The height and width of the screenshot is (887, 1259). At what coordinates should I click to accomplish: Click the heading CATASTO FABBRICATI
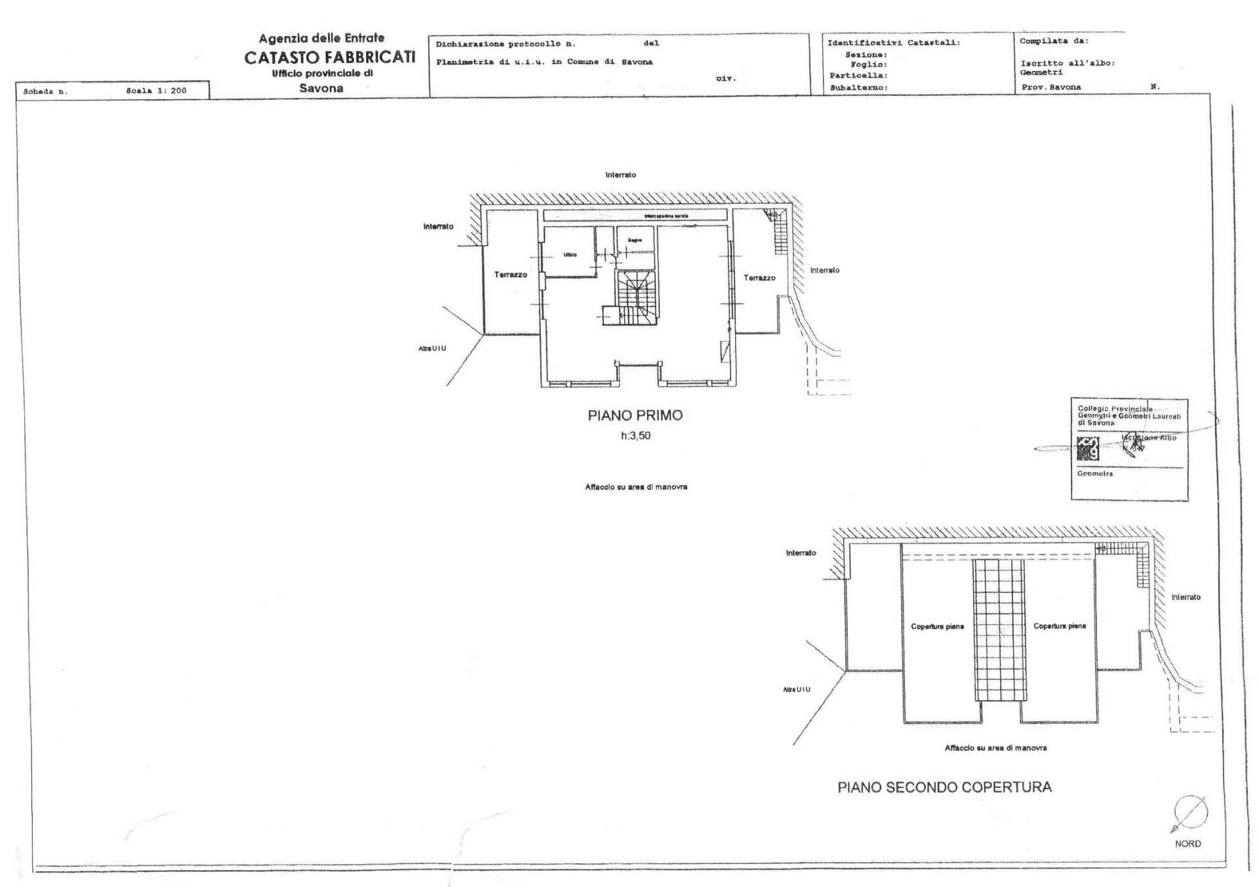click(330, 58)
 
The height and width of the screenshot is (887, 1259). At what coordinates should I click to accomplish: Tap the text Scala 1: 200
click(156, 91)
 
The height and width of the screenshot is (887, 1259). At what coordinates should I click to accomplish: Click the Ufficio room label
click(570, 254)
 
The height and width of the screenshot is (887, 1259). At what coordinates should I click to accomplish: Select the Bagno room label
click(635, 241)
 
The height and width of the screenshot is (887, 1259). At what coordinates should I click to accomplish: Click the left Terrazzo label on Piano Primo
click(510, 275)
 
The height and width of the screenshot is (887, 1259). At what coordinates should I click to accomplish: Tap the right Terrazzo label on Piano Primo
click(759, 278)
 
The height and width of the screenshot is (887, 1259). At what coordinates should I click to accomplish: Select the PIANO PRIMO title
click(635, 415)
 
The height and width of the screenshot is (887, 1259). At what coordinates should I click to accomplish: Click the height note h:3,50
click(635, 435)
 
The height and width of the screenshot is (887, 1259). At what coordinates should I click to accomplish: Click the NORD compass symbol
click(1189, 814)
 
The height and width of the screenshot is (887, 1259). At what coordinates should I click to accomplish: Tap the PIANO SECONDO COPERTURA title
click(944, 787)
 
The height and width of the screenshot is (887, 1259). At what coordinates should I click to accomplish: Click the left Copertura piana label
click(937, 627)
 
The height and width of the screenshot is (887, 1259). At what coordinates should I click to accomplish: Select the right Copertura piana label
click(1060, 626)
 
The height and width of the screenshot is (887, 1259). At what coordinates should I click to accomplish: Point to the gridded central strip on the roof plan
click(998, 629)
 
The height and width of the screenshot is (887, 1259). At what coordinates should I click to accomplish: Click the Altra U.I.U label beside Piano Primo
click(432, 349)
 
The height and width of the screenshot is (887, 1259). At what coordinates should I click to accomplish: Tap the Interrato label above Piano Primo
click(620, 175)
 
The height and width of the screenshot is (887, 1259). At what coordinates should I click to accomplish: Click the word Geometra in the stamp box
click(1094, 473)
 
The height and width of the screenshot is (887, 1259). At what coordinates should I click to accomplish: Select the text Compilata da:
click(1054, 41)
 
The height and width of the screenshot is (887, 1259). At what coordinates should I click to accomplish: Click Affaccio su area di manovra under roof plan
click(995, 747)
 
